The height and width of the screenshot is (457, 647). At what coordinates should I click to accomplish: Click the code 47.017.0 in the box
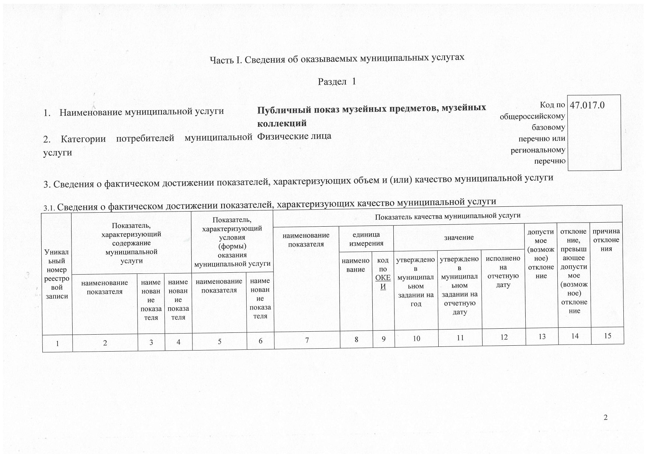click(x=587, y=105)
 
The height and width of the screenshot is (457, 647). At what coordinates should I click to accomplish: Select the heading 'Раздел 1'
click(x=337, y=81)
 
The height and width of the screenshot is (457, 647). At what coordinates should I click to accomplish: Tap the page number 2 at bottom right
click(x=605, y=417)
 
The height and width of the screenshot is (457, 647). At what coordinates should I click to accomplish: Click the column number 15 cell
click(x=608, y=336)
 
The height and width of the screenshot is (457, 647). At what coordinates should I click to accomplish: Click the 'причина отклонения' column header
click(x=606, y=240)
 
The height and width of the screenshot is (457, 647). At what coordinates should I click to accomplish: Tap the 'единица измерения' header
click(x=366, y=239)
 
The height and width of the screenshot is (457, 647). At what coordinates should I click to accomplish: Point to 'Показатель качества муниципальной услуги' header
click(x=448, y=216)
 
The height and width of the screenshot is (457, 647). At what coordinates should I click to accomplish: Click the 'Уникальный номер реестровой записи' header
click(x=57, y=274)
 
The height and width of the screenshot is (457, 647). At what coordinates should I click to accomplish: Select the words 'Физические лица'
click(x=294, y=136)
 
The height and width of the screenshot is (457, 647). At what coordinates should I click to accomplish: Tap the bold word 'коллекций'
click(x=282, y=123)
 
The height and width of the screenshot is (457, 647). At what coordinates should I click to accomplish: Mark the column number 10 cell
click(x=416, y=338)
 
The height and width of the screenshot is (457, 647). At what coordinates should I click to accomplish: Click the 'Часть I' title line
click(x=337, y=58)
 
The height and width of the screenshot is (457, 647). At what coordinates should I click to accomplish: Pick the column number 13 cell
click(x=542, y=336)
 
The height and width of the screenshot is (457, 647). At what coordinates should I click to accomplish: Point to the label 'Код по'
click(x=552, y=105)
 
